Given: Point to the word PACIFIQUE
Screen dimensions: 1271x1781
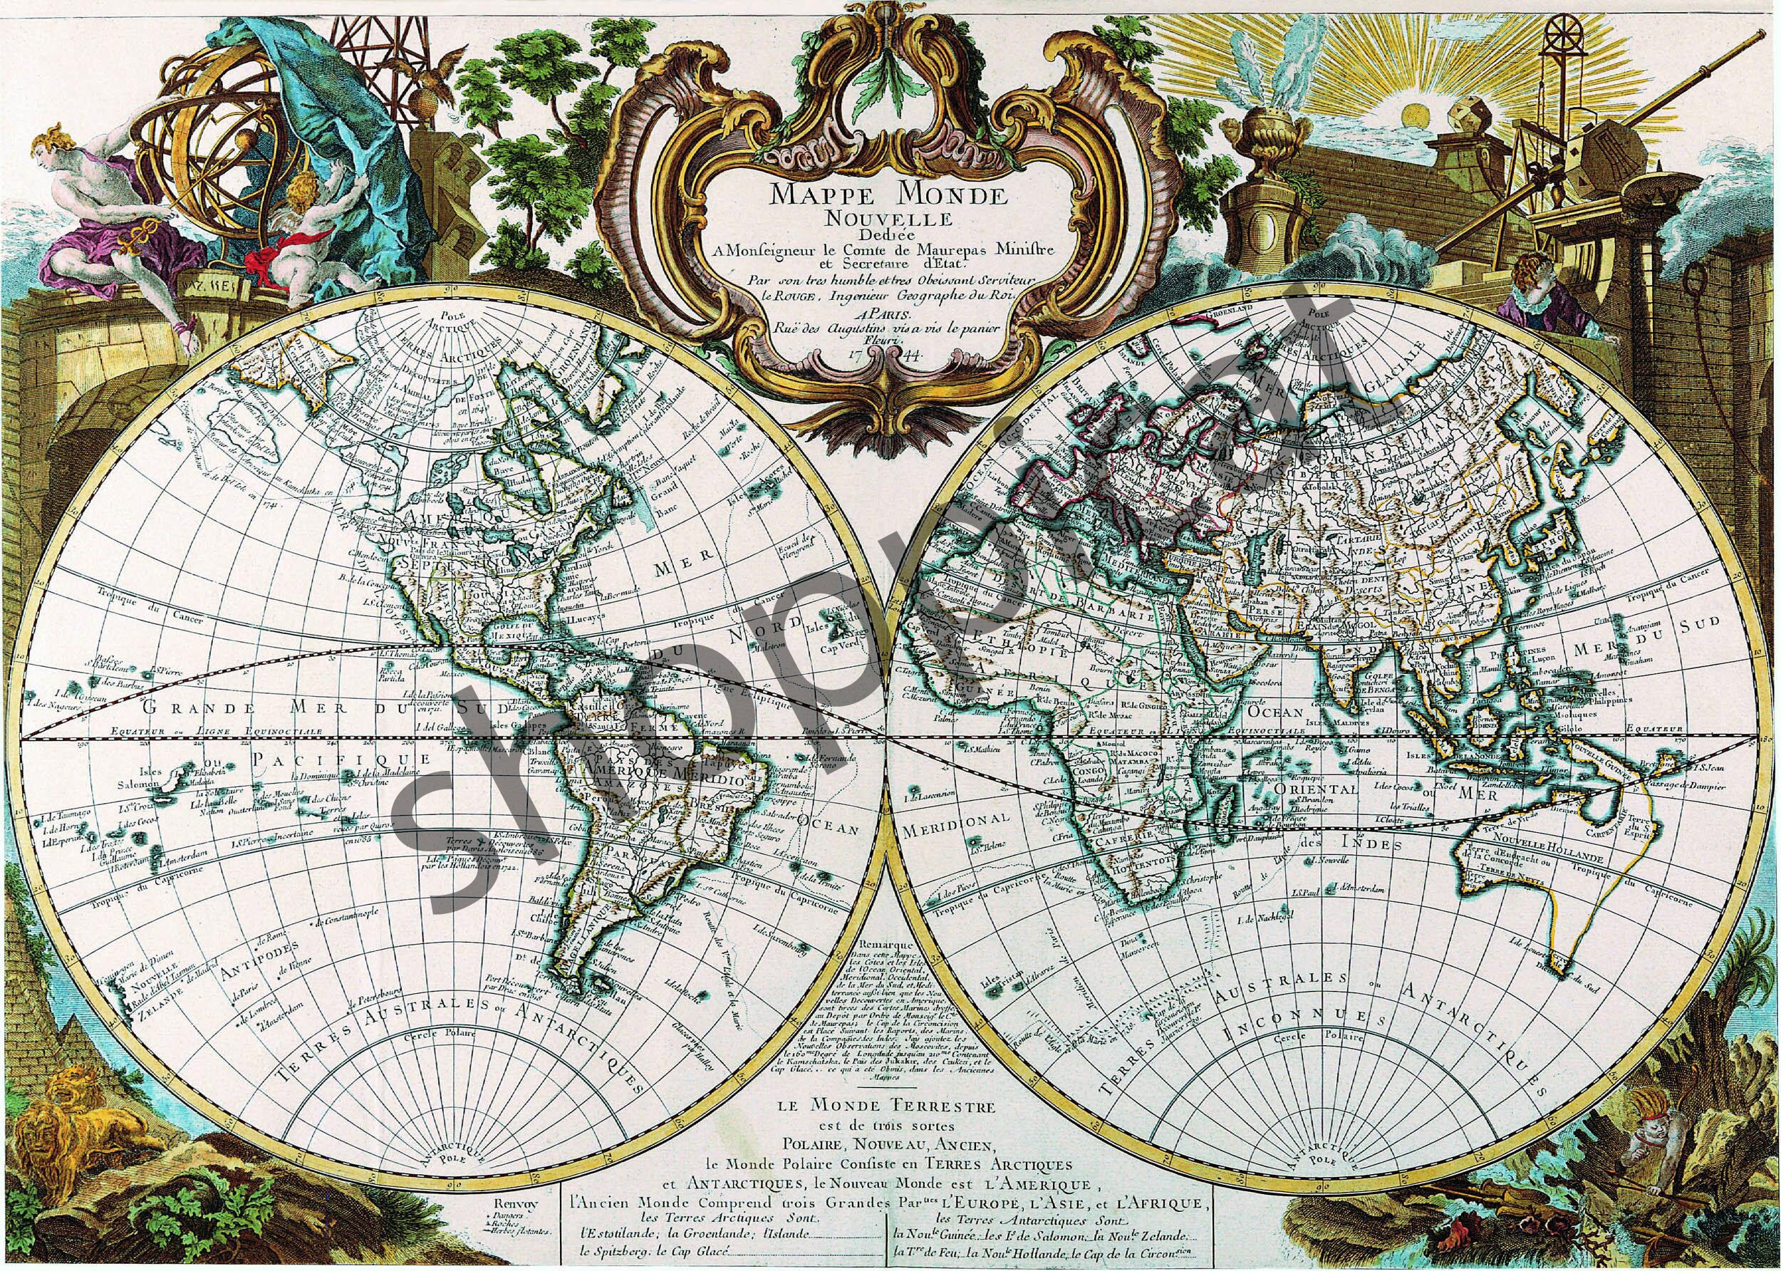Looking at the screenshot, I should click(x=341, y=760).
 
